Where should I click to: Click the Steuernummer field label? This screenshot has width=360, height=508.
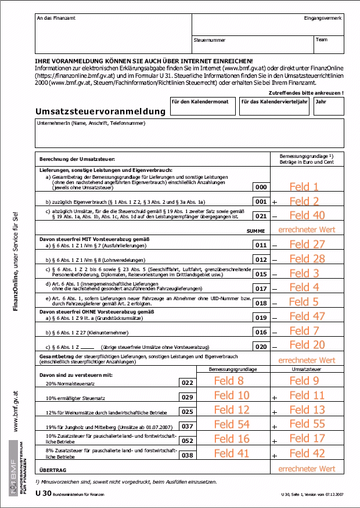pos(210,41)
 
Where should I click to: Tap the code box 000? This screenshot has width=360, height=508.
pos(262,188)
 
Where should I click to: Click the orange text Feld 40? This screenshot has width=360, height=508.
pos(307,215)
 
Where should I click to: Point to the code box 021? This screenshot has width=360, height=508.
pos(262,216)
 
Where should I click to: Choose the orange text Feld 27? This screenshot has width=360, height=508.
pos(307,244)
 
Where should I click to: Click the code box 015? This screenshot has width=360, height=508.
pos(262,273)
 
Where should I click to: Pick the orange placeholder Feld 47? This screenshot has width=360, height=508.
pos(307,316)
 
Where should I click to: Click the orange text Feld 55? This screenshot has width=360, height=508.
pos(307,424)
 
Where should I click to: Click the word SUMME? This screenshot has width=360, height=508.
pos(256,231)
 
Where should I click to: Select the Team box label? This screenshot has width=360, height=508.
pos(322,41)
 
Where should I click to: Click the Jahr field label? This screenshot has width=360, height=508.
pos(321,101)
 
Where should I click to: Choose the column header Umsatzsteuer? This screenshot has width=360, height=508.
pos(307,369)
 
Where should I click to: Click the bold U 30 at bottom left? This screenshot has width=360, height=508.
pos(43,493)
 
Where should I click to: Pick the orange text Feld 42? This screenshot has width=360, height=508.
pos(307,453)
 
